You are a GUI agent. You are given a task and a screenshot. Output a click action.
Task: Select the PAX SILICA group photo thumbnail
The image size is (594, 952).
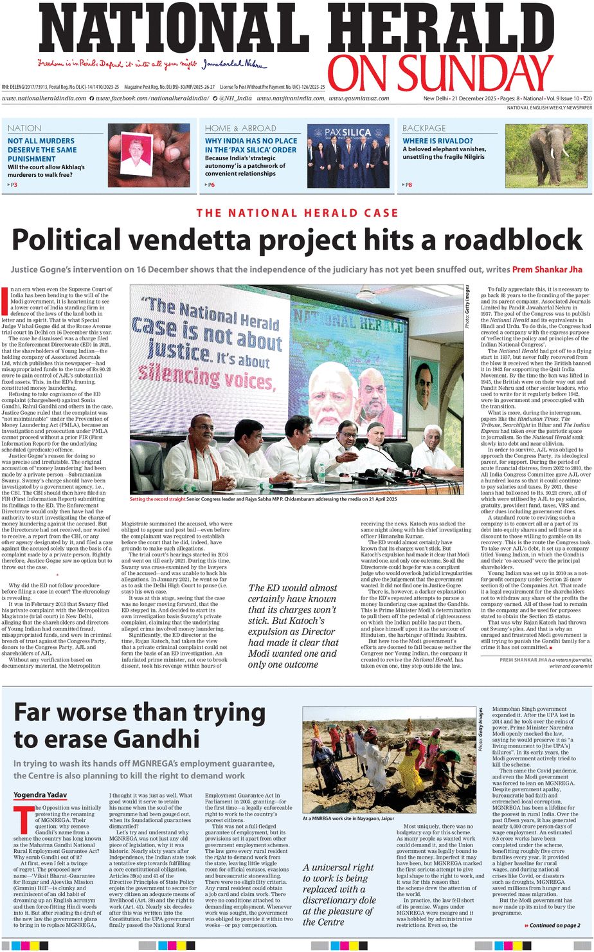(x=348, y=156)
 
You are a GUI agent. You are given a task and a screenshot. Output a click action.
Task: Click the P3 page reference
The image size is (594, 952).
(x=12, y=185)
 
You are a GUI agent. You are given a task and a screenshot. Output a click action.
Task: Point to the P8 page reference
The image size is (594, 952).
(x=407, y=185)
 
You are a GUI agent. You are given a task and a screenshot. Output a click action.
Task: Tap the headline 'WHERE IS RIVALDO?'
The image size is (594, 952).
(x=437, y=140)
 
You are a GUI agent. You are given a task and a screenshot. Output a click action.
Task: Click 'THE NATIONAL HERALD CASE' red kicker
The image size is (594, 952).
(x=297, y=213)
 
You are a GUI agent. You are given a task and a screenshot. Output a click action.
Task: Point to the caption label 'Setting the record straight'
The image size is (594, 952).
(x=157, y=499)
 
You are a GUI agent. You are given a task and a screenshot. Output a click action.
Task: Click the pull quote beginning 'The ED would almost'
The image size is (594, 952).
(x=293, y=626)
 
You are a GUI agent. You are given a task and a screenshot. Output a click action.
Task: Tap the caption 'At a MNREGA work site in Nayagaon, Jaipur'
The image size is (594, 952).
(x=348, y=818)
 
